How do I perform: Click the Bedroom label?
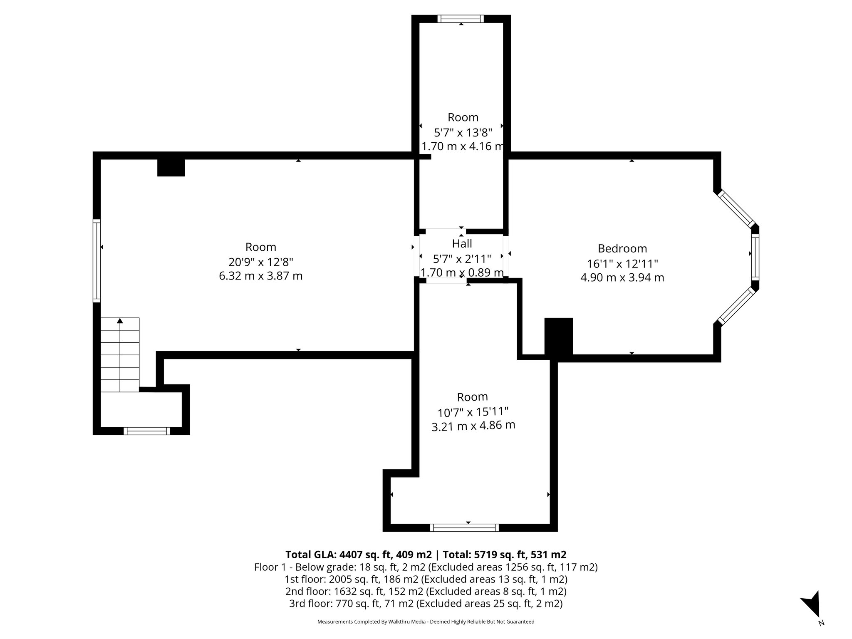tap(622, 248)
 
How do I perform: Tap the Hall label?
tap(462, 243)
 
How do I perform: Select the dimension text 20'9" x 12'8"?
tap(261, 262)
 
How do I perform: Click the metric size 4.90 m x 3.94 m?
tap(622, 277)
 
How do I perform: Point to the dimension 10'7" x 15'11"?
tap(473, 412)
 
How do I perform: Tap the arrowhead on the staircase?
tap(120, 320)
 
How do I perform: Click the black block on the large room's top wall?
tap(171, 168)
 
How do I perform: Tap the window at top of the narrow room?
tap(461, 19)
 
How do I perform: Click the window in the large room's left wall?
tap(97, 261)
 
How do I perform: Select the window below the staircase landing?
tap(147, 431)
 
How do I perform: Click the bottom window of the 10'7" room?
tap(464, 528)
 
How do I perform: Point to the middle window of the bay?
tap(755, 257)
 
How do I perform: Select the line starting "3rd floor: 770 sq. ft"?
tap(426, 603)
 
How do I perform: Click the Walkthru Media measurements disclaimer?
tap(426, 622)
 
